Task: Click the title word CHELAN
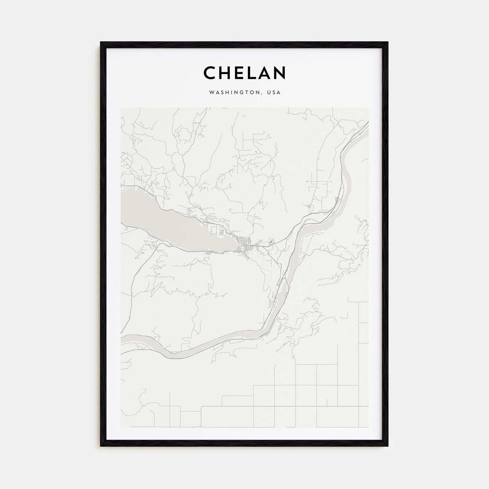(x=245, y=73)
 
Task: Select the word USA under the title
(x=273, y=93)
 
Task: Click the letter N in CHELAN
(x=280, y=73)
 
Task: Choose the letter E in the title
(x=238, y=73)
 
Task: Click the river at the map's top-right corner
(x=363, y=129)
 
